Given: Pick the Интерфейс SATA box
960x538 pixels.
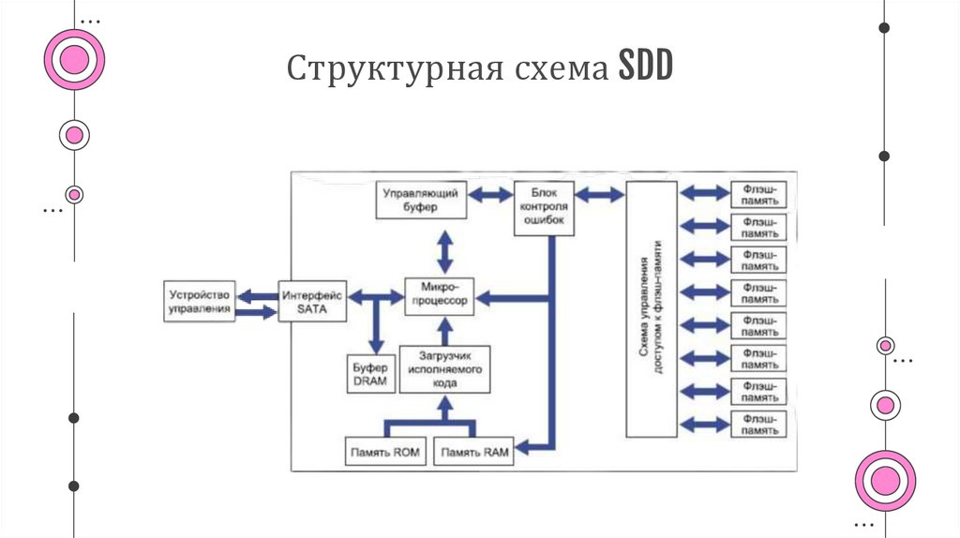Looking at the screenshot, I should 313,301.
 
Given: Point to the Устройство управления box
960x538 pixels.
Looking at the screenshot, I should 199,301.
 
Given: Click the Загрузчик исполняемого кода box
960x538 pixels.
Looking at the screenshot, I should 444,369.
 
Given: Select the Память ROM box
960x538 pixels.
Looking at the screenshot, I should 385,453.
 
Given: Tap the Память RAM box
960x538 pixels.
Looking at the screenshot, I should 475,453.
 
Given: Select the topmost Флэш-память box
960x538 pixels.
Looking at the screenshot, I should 758,194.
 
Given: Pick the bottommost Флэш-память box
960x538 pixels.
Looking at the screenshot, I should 758,424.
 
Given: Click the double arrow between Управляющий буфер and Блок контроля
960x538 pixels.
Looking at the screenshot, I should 489,195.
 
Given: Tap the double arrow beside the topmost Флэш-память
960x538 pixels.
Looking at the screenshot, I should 704,193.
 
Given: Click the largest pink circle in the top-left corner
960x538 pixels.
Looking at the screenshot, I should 73,60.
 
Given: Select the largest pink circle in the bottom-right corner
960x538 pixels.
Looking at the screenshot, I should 885,481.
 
